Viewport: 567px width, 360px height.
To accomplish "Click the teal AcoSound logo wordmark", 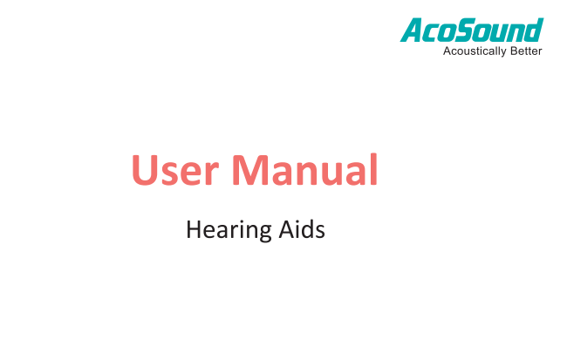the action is click(472, 30).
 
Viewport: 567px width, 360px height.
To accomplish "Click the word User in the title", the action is click(175, 169).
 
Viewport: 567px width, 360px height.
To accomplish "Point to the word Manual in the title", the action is click(304, 169).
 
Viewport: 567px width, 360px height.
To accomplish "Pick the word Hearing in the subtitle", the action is click(229, 230).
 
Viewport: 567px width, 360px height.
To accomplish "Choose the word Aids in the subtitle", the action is click(302, 228).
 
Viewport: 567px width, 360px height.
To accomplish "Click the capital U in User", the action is click(146, 170).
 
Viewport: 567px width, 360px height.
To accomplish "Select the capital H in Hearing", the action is click(194, 229).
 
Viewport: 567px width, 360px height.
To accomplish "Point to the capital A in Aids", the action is click(286, 229).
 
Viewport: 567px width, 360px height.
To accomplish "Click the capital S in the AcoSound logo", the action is click(466, 30).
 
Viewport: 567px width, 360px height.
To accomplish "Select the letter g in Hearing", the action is click(263, 233).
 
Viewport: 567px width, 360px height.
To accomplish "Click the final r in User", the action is click(213, 173).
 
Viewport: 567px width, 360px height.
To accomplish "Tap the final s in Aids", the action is click(320, 232).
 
